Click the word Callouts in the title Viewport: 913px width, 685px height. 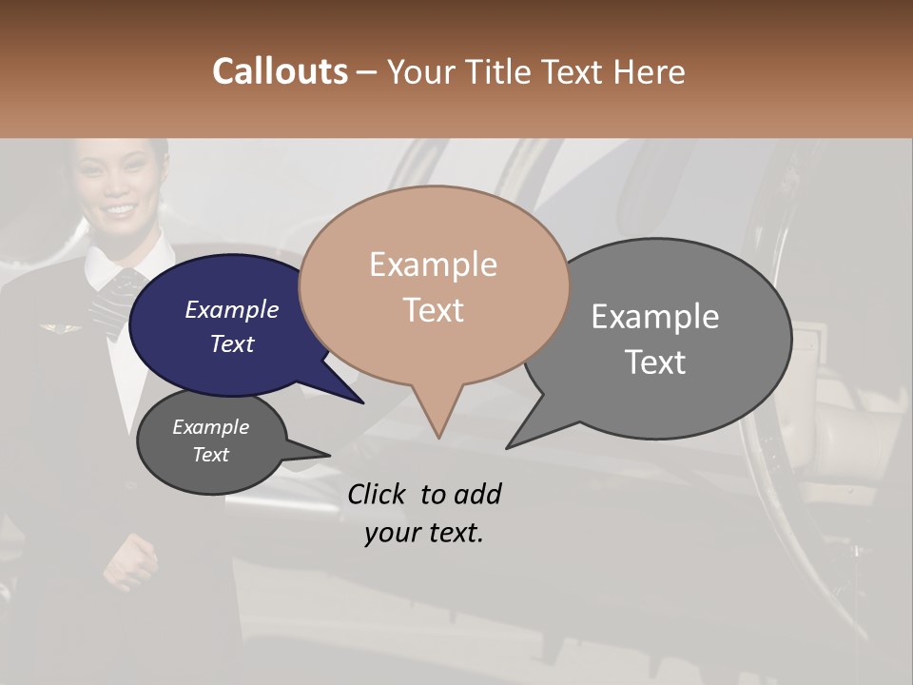(280, 71)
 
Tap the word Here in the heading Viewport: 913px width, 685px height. (649, 72)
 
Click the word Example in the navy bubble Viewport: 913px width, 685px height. (232, 310)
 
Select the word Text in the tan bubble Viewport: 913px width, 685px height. (434, 310)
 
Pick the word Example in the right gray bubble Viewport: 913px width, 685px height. (655, 317)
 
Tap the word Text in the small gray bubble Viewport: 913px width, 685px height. (211, 455)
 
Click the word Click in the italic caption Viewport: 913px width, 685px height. (377, 494)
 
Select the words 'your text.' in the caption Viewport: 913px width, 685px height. (424, 533)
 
